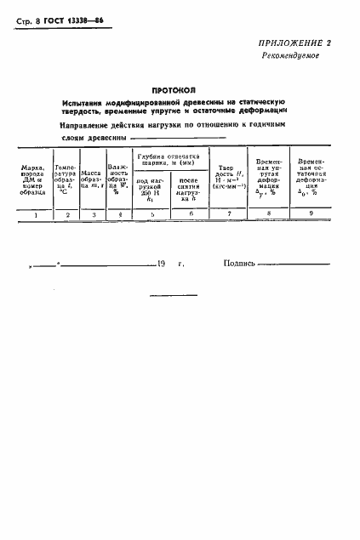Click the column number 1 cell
click(36, 239)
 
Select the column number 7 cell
click(229, 239)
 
